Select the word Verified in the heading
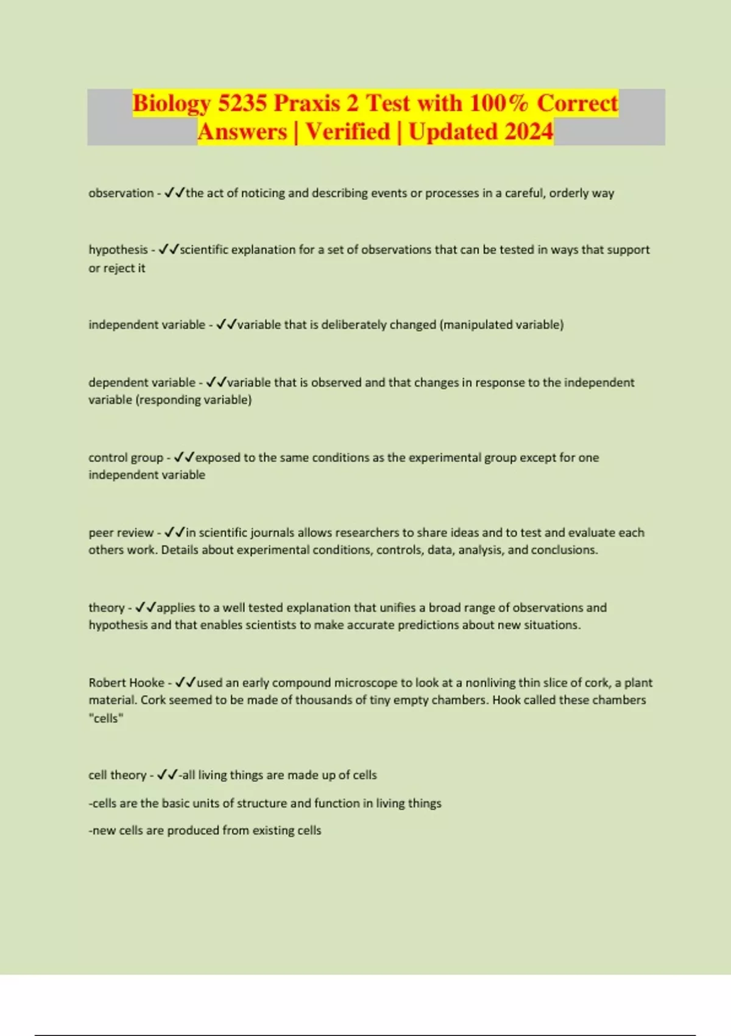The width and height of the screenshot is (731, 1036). click(348, 132)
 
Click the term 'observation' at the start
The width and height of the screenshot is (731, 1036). click(121, 193)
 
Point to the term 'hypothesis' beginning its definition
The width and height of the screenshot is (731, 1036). click(118, 250)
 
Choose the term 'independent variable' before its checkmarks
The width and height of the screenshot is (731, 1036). click(147, 325)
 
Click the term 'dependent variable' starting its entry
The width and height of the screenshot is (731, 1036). click(142, 383)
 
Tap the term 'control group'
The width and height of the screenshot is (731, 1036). click(125, 458)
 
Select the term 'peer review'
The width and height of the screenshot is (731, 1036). click(121, 533)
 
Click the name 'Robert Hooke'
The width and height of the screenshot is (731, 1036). click(126, 683)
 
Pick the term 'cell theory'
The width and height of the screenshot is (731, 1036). click(117, 775)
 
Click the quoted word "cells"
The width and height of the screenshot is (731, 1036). click(106, 718)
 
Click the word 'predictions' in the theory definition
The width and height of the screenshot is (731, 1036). click(428, 625)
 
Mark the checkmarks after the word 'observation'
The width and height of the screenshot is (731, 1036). click(174, 193)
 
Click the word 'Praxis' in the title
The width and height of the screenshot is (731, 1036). click(308, 103)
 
